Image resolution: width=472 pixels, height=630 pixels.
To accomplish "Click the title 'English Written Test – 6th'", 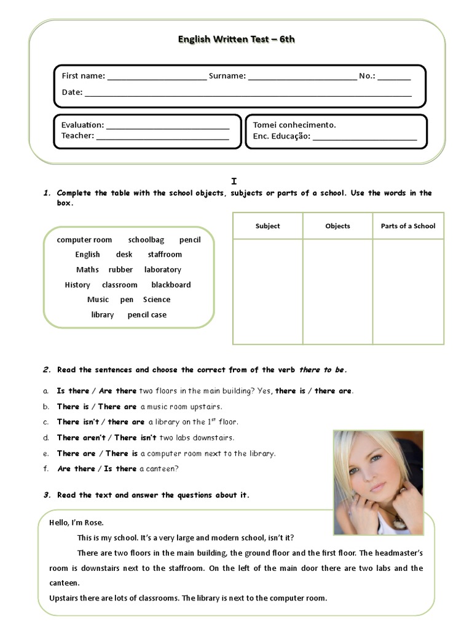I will pos(237,39).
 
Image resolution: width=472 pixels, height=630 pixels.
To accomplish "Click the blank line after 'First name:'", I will pos(157,78).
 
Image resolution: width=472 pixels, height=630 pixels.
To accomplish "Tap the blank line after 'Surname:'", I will pos(302,78).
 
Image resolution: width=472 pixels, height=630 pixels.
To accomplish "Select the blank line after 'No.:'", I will pos(394,78).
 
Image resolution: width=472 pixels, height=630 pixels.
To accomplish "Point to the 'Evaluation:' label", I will pos(82,125).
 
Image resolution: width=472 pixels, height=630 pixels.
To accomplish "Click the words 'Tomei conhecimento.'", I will pos(294,125).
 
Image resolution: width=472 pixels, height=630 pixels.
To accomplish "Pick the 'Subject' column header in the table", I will pos(267,226).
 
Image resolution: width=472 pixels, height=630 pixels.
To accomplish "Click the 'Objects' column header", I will pos(337,226).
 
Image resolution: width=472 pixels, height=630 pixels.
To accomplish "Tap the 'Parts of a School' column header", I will pos(408,226).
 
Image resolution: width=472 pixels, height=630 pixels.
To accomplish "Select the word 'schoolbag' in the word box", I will pos(146,240).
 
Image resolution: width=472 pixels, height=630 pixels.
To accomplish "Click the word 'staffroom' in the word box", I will pos(165,255).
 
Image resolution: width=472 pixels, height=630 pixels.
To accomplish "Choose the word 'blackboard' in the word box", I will pos(171,285).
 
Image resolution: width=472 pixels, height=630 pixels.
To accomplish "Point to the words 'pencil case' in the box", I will pos(147,315).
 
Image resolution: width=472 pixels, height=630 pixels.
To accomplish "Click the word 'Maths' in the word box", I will pos(87,270).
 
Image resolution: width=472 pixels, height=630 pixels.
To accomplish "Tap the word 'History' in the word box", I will pos(77,285).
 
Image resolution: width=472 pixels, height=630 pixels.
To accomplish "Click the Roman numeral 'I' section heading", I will pos(234,181).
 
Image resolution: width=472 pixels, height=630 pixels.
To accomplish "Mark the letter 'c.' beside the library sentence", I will pos(46,422).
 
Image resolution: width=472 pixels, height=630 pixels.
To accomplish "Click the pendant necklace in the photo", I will pos(399,523).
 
